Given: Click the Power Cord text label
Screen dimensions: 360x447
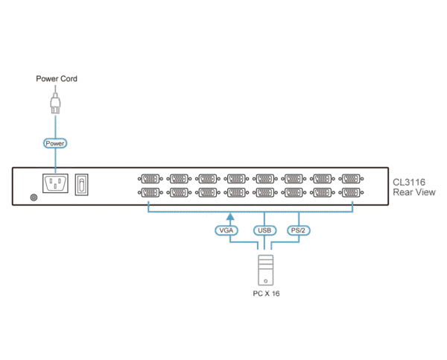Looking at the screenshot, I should click(57, 78).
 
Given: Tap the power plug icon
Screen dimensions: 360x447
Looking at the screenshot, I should click(55, 103).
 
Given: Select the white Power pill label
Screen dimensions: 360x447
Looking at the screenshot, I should click(55, 142).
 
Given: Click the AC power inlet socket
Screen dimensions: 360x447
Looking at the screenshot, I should click(55, 183).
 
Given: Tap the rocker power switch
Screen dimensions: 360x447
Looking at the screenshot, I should click(82, 183).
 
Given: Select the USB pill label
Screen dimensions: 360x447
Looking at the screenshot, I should click(264, 231).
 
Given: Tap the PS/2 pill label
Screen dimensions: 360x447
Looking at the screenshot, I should click(299, 231).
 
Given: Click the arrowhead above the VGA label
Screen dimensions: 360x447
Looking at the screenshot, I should click(230, 218).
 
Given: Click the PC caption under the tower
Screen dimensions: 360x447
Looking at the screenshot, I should click(265, 294).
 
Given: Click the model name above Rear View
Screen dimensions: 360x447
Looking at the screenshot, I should click(409, 181).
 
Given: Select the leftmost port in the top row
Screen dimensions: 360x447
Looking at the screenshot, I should click(150, 179).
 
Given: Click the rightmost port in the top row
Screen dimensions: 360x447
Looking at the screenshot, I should click(351, 179).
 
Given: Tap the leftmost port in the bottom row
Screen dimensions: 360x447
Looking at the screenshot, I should click(150, 192).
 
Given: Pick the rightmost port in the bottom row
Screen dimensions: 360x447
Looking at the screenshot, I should click(351, 192).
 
